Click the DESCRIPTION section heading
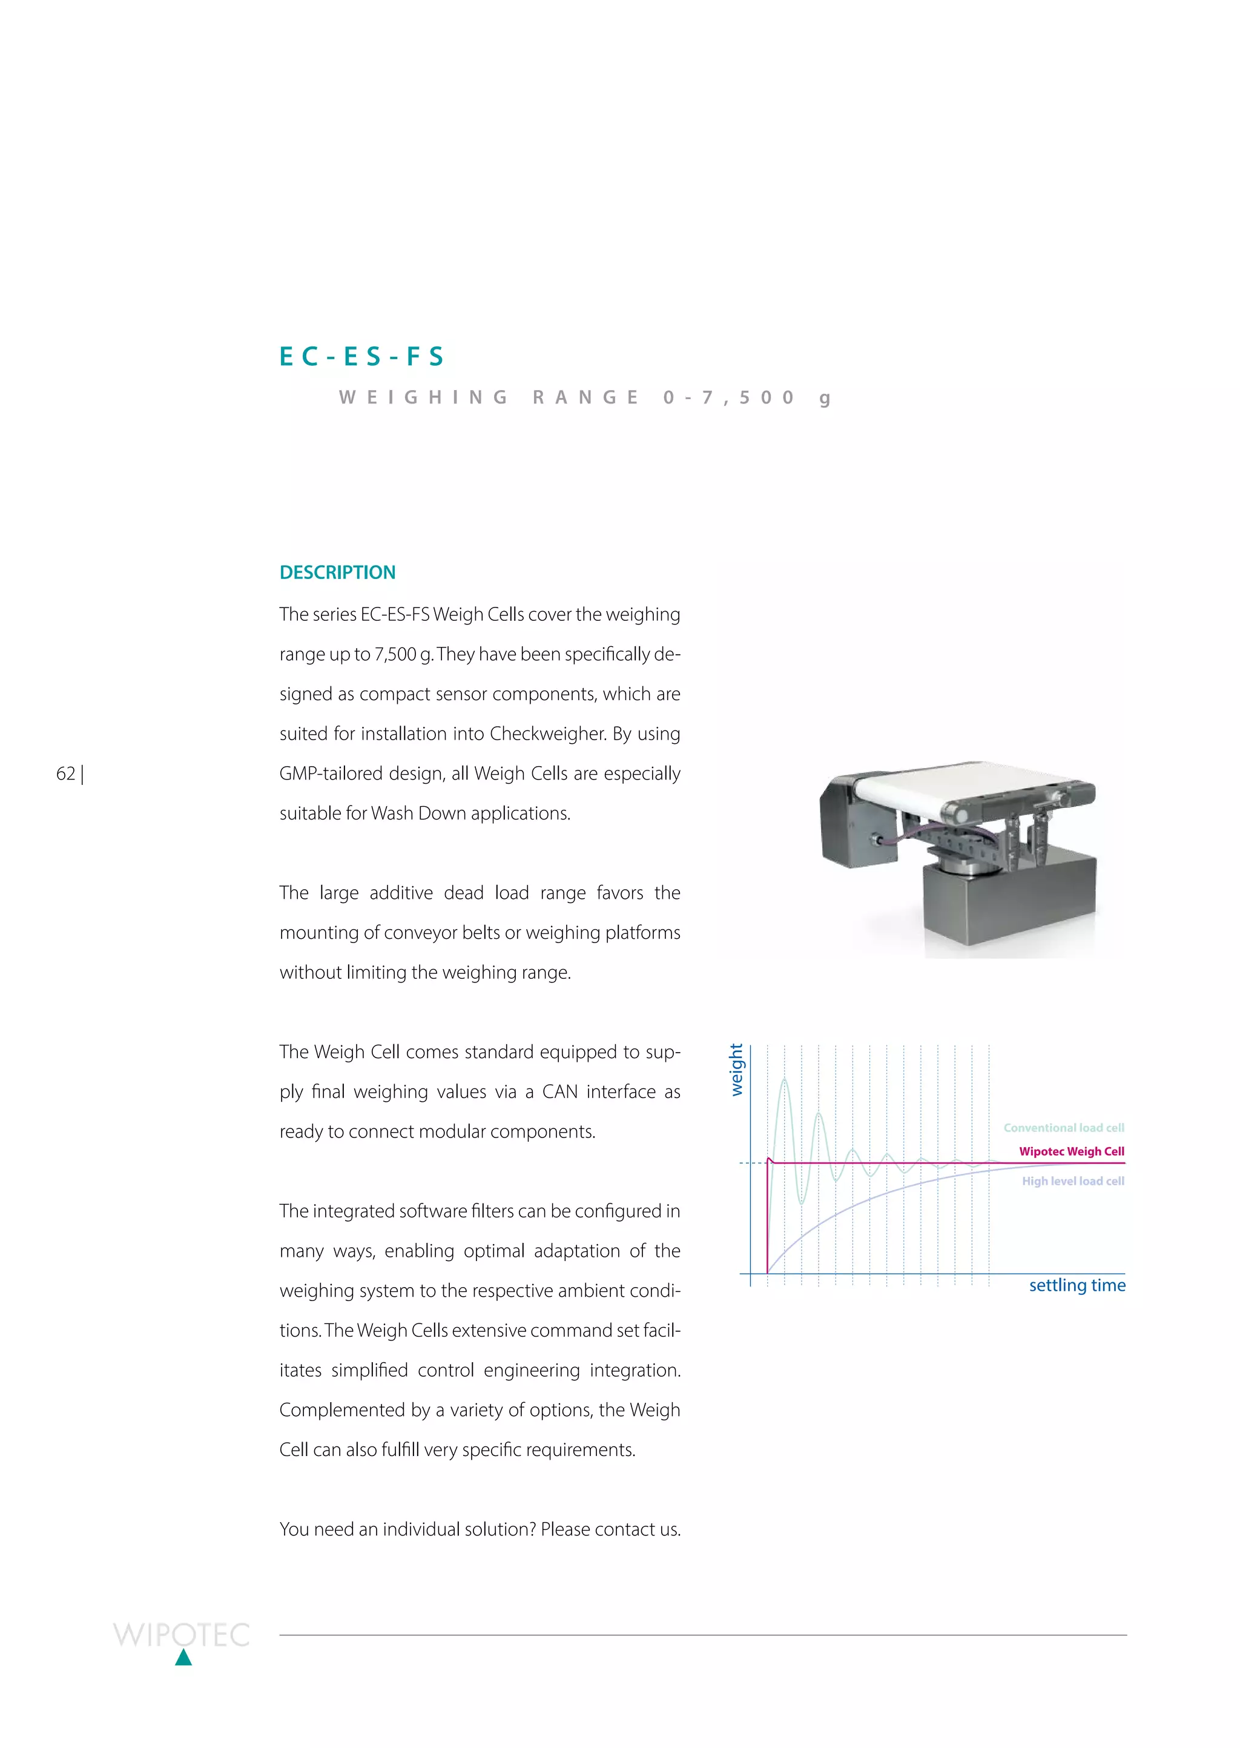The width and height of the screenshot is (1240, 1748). tap(337, 573)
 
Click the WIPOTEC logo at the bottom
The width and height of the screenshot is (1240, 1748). tap(182, 1635)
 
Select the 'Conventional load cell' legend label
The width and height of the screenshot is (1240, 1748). tap(1064, 1128)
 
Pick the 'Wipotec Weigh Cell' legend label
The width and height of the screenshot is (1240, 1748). tap(1071, 1151)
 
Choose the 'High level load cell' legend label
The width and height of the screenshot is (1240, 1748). tap(1073, 1181)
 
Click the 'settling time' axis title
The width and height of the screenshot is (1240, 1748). tap(1077, 1285)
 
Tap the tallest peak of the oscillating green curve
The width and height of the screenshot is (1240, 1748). tap(784, 1081)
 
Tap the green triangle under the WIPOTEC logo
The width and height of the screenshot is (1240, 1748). tap(183, 1657)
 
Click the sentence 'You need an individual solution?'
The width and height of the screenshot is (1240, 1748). tap(407, 1529)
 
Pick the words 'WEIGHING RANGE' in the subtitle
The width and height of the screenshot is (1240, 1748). tap(489, 398)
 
